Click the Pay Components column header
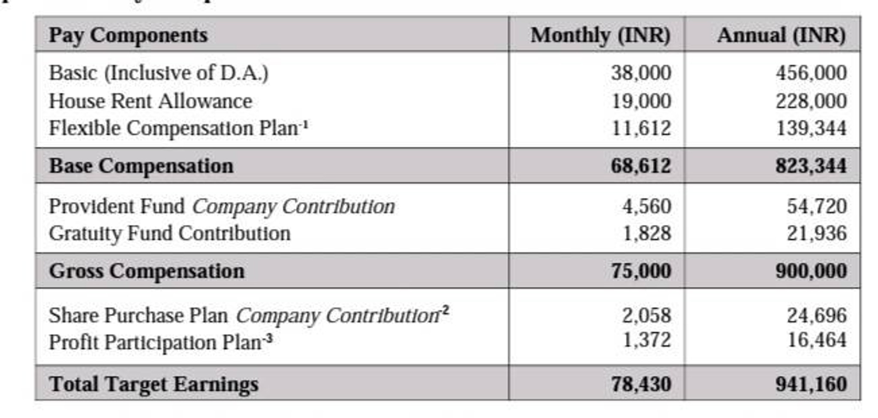128,35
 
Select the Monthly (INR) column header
600,35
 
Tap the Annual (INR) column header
781,35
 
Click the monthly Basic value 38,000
641,73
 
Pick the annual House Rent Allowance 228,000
811,101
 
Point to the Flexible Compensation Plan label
174,128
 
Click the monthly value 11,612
641,128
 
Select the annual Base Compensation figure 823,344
811,166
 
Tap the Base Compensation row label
141,166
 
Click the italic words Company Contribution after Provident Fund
293,207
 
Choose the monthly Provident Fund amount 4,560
646,207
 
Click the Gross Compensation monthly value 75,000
641,271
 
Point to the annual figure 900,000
811,271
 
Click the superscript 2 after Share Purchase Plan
446,310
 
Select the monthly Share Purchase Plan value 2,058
646,316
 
